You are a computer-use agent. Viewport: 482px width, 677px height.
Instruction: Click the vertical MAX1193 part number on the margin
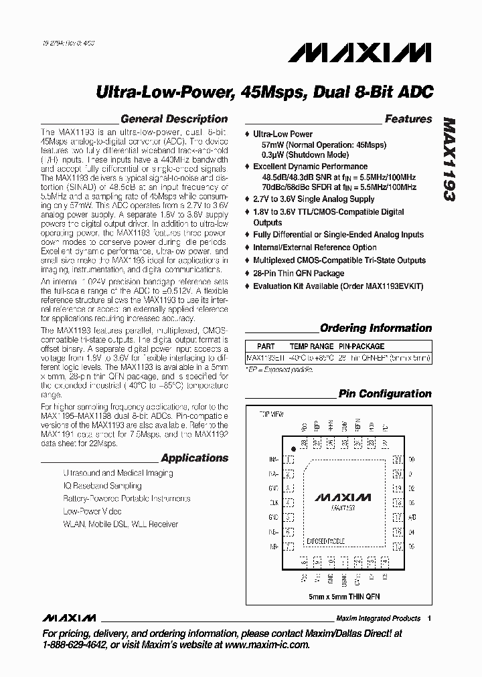tap(449, 160)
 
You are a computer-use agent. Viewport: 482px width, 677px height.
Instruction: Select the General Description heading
tap(174, 119)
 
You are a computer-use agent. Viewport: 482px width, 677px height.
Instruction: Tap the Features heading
tap(408, 119)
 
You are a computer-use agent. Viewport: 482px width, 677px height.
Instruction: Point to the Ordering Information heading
tap(376, 328)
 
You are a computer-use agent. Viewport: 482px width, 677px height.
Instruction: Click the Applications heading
tap(195, 458)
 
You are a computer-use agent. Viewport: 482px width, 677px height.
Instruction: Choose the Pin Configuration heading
tap(385, 393)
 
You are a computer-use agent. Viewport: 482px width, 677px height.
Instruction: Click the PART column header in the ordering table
tap(265, 347)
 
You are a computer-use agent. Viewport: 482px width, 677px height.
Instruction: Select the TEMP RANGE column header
tap(311, 347)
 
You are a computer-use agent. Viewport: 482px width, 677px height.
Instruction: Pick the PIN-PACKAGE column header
tap(361, 347)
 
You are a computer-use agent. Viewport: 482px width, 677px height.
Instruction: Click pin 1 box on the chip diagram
tap(289, 460)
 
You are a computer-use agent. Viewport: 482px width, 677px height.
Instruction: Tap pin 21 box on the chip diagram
tap(397, 460)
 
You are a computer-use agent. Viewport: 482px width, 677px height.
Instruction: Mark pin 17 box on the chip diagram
tap(397, 517)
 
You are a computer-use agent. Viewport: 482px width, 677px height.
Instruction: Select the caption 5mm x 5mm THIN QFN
tap(343, 595)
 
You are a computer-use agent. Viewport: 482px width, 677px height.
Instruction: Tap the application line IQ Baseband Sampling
tap(102, 486)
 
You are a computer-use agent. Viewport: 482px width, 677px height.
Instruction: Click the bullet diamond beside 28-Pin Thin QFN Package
tap(248, 273)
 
